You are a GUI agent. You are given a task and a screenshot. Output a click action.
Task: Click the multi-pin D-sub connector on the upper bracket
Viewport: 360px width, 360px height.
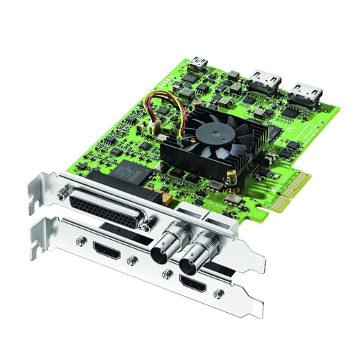(107, 210)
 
